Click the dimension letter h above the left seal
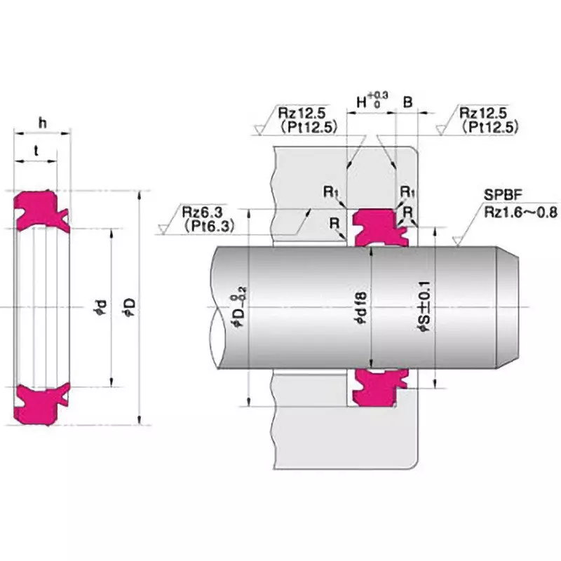(42, 123)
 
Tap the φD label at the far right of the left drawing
(129, 306)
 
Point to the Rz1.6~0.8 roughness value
(519, 210)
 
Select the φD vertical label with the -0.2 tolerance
(241, 307)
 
